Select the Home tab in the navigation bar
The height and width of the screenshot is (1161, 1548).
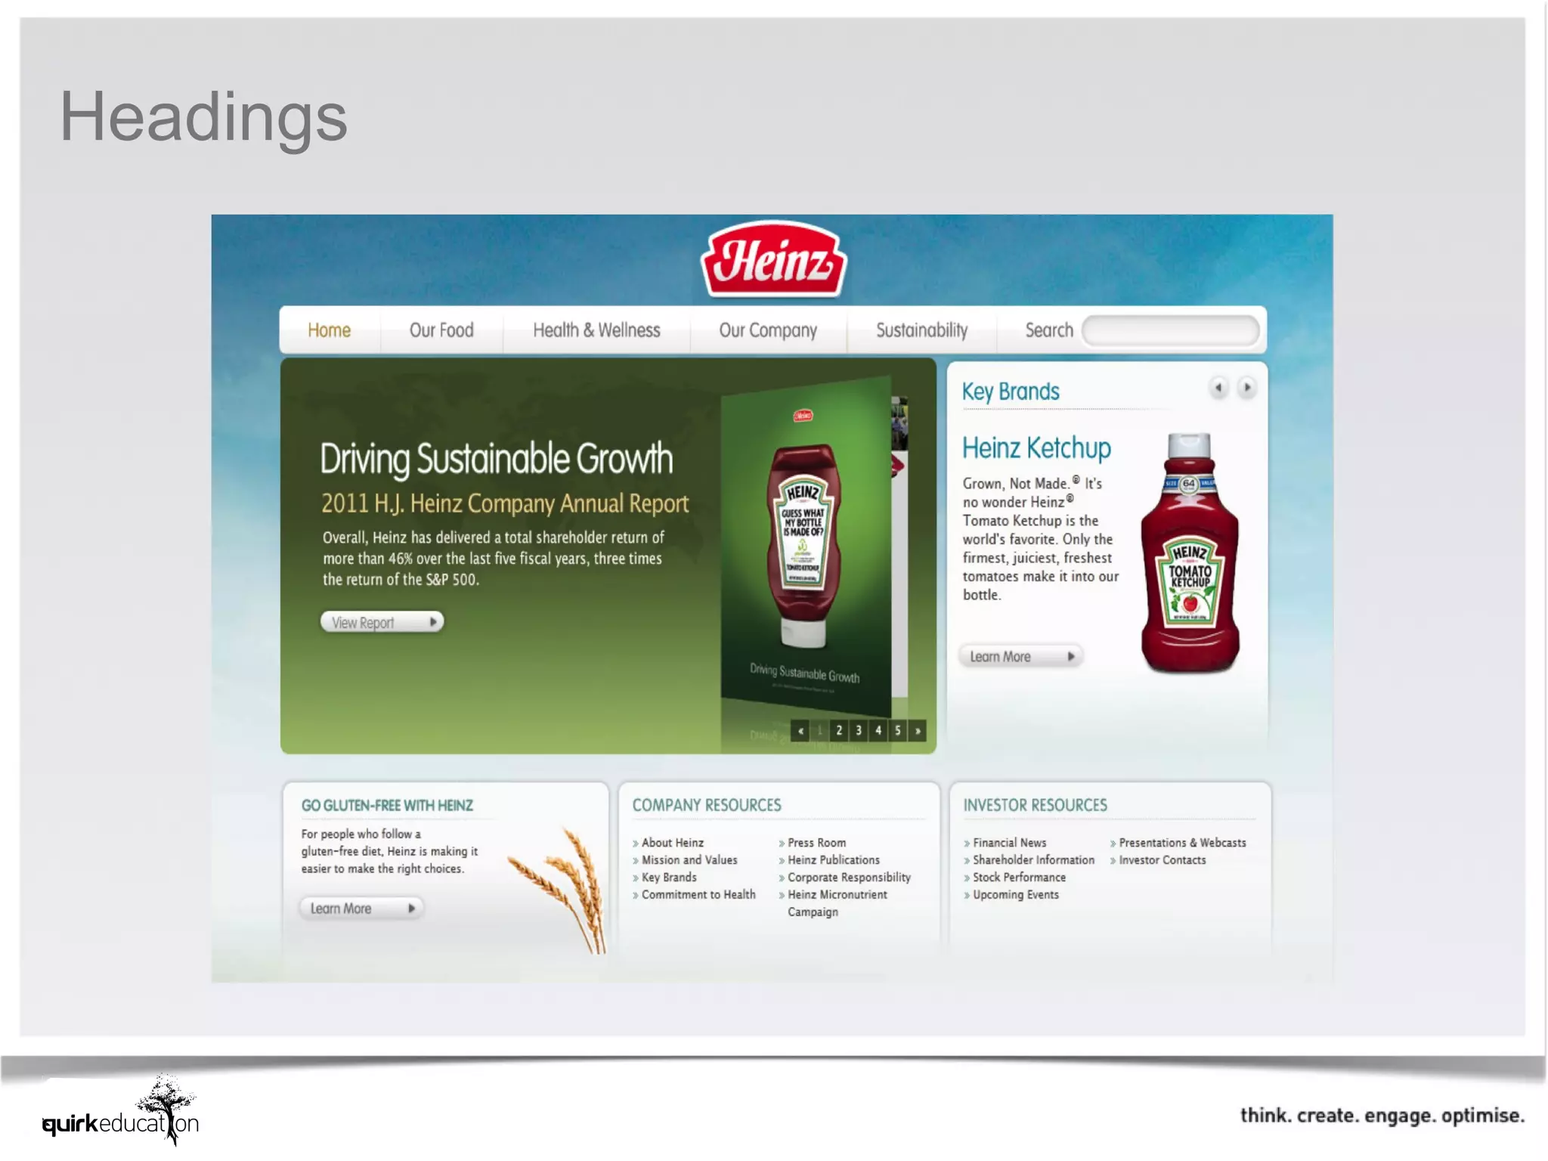[x=329, y=330]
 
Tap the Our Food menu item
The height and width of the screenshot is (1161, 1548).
[x=441, y=330]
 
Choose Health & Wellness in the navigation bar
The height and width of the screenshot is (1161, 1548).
[x=596, y=330]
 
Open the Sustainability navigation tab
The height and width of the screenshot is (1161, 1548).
[x=921, y=330]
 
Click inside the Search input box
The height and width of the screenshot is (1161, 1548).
[x=1169, y=331]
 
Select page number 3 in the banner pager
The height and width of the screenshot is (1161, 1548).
[x=859, y=730]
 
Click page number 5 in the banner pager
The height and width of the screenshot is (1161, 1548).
[x=898, y=730]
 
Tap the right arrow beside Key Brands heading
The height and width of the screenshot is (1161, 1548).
[x=1247, y=388]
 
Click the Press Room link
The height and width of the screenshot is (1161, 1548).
[x=816, y=842]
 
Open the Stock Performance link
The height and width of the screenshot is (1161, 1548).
[x=1019, y=877]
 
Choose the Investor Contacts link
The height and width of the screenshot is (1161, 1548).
[x=1162, y=859]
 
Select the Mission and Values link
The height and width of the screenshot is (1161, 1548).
[x=689, y=859]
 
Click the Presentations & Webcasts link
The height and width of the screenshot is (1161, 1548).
[x=1182, y=842]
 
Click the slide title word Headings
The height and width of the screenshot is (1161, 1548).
[x=203, y=117]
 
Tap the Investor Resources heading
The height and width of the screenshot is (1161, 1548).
[x=1035, y=805]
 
